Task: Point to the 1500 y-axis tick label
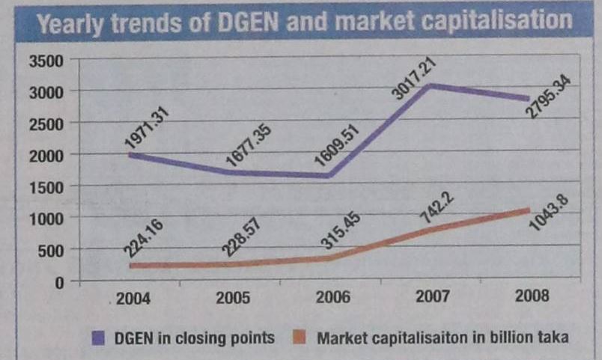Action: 46,186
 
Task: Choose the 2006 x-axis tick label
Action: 334,297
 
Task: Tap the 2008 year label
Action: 532,296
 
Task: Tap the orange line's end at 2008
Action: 529,210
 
